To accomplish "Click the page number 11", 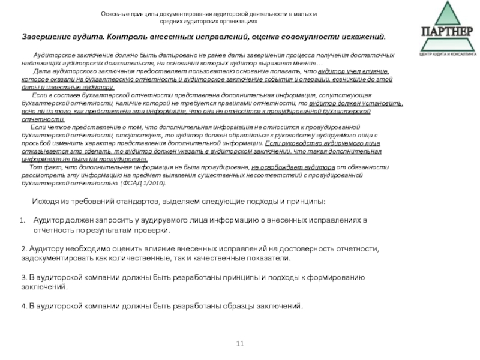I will (x=240, y=343).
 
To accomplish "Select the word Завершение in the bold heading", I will (x=46, y=37).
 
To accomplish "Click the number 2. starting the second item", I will (x=23, y=248).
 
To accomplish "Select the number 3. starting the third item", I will (x=23, y=277).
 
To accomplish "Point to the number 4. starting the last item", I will (x=23, y=306).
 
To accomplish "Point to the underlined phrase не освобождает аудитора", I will (x=284, y=167).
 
